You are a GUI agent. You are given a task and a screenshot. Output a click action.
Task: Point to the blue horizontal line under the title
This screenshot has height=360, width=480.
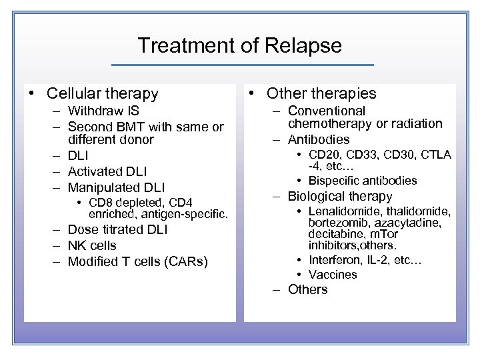pos(242,65)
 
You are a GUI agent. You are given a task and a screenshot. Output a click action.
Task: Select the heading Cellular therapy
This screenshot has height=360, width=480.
pos(103,94)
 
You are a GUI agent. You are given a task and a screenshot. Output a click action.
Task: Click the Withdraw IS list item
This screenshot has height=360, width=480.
pos(103,111)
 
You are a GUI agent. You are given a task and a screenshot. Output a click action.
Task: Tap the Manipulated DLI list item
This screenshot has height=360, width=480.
pos(116,187)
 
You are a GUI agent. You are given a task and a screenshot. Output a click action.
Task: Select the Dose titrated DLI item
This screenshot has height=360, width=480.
pos(118,230)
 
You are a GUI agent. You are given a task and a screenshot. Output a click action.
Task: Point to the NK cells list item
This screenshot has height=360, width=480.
pos(92,245)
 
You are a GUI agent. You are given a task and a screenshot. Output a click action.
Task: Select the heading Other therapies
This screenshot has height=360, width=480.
pos(321,94)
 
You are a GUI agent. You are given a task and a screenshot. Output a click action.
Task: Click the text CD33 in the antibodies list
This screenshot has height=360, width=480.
pos(361,155)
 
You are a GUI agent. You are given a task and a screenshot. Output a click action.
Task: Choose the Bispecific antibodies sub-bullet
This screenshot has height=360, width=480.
pos(363,181)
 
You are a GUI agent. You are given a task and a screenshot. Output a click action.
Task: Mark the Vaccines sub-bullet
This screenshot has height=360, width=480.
pos(333,275)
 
